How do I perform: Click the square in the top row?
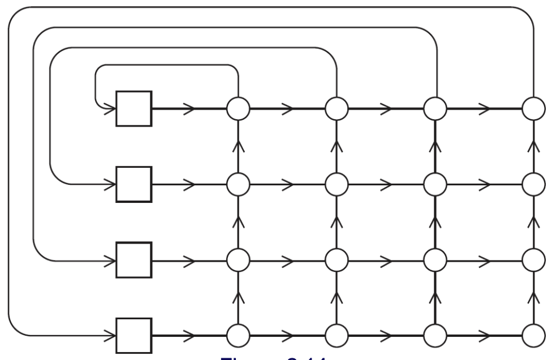click(134, 108)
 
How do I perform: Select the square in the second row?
click(134, 184)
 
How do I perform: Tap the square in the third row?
click(134, 261)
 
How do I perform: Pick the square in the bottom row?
click(134, 336)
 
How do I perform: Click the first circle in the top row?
click(238, 108)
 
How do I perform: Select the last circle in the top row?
click(533, 108)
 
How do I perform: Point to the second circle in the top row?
click(337, 108)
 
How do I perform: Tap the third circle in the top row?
click(435, 108)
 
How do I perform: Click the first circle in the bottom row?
click(238, 336)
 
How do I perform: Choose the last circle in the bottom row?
click(533, 336)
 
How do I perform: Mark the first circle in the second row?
click(238, 184)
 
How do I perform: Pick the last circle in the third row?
click(533, 261)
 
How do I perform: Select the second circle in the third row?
click(337, 261)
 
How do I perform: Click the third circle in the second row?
click(435, 184)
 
